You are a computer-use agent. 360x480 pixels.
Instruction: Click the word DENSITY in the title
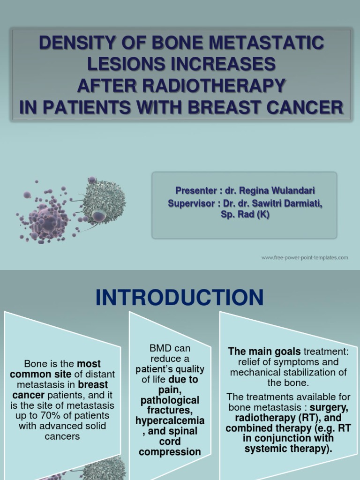(x=75, y=44)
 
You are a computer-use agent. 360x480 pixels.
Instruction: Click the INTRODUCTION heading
(x=180, y=298)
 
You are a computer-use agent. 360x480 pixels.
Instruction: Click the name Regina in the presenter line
(x=256, y=190)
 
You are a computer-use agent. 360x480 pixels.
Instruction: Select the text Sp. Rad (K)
(x=244, y=215)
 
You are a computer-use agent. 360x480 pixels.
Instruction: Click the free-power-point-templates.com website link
(x=304, y=257)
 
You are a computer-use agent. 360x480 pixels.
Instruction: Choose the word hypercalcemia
(x=170, y=420)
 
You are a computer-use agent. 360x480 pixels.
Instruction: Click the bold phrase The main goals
(x=264, y=352)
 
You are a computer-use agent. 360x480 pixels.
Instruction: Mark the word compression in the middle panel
(x=170, y=452)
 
